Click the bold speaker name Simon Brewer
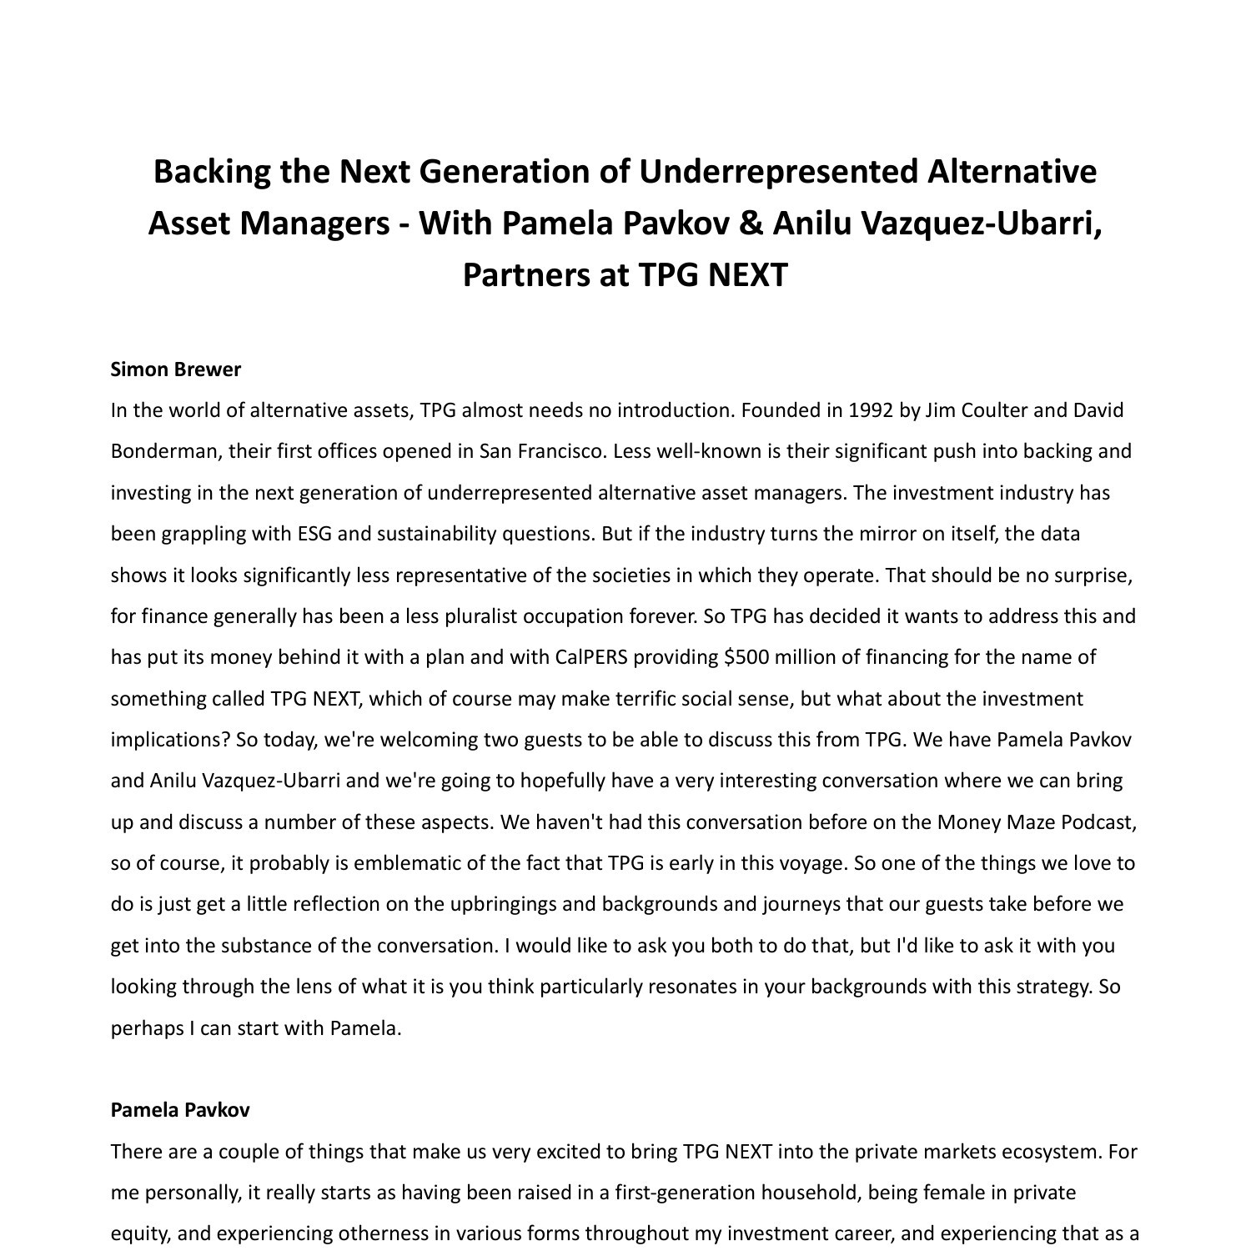175,369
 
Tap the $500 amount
747,657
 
